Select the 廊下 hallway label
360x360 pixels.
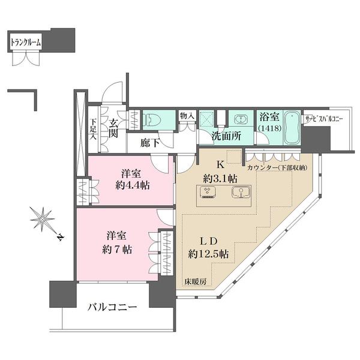[x=151, y=143]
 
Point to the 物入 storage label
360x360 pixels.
[x=187, y=115]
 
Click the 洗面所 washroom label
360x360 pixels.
[x=226, y=136]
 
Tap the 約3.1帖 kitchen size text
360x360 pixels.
[x=219, y=178]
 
